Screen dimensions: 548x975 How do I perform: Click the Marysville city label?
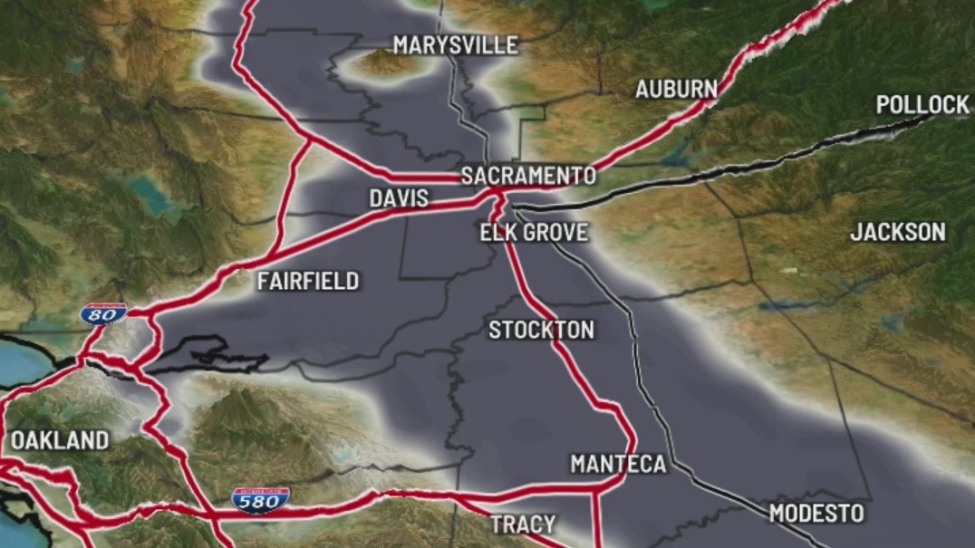pyautogui.click(x=455, y=45)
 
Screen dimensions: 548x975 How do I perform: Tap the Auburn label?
pyautogui.click(x=676, y=89)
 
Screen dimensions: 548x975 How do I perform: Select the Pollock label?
pyautogui.click(x=922, y=105)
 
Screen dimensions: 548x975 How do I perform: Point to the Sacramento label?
pyautogui.click(x=528, y=176)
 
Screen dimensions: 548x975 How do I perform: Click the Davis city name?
pyautogui.click(x=399, y=198)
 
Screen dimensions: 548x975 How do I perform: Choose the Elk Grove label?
pyautogui.click(x=534, y=233)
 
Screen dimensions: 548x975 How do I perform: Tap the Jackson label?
pyautogui.click(x=897, y=232)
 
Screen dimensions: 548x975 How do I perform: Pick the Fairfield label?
pyautogui.click(x=308, y=281)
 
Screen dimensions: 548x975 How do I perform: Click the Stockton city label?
pyautogui.click(x=541, y=330)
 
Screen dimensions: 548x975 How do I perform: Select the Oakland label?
pyautogui.click(x=60, y=441)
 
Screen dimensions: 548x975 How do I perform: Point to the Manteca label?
pyautogui.click(x=618, y=465)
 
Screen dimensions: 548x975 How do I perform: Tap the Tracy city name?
pyautogui.click(x=523, y=524)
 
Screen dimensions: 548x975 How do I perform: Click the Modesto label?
pyautogui.click(x=816, y=514)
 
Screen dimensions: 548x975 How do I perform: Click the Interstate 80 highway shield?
pyautogui.click(x=102, y=314)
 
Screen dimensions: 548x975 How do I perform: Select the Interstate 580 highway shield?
pyautogui.click(x=261, y=499)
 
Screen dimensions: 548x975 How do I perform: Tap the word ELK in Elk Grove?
pyautogui.click(x=497, y=233)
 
